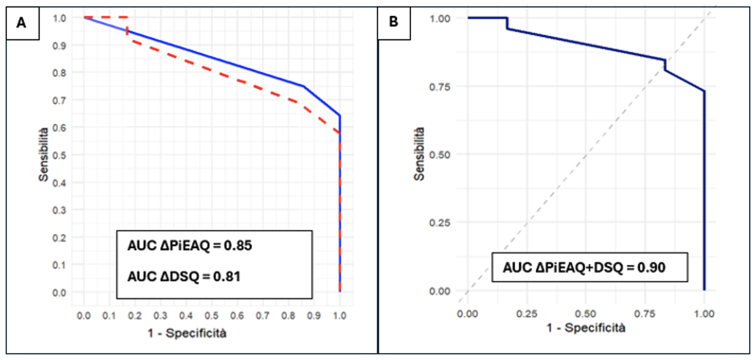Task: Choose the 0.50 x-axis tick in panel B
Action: point(585,314)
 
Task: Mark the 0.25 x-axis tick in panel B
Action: point(526,314)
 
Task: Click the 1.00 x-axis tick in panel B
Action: point(704,314)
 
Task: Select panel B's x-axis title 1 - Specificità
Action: point(585,329)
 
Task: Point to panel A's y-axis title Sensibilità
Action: point(44,155)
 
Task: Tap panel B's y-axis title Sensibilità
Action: point(419,153)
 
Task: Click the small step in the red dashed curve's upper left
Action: point(128,29)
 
